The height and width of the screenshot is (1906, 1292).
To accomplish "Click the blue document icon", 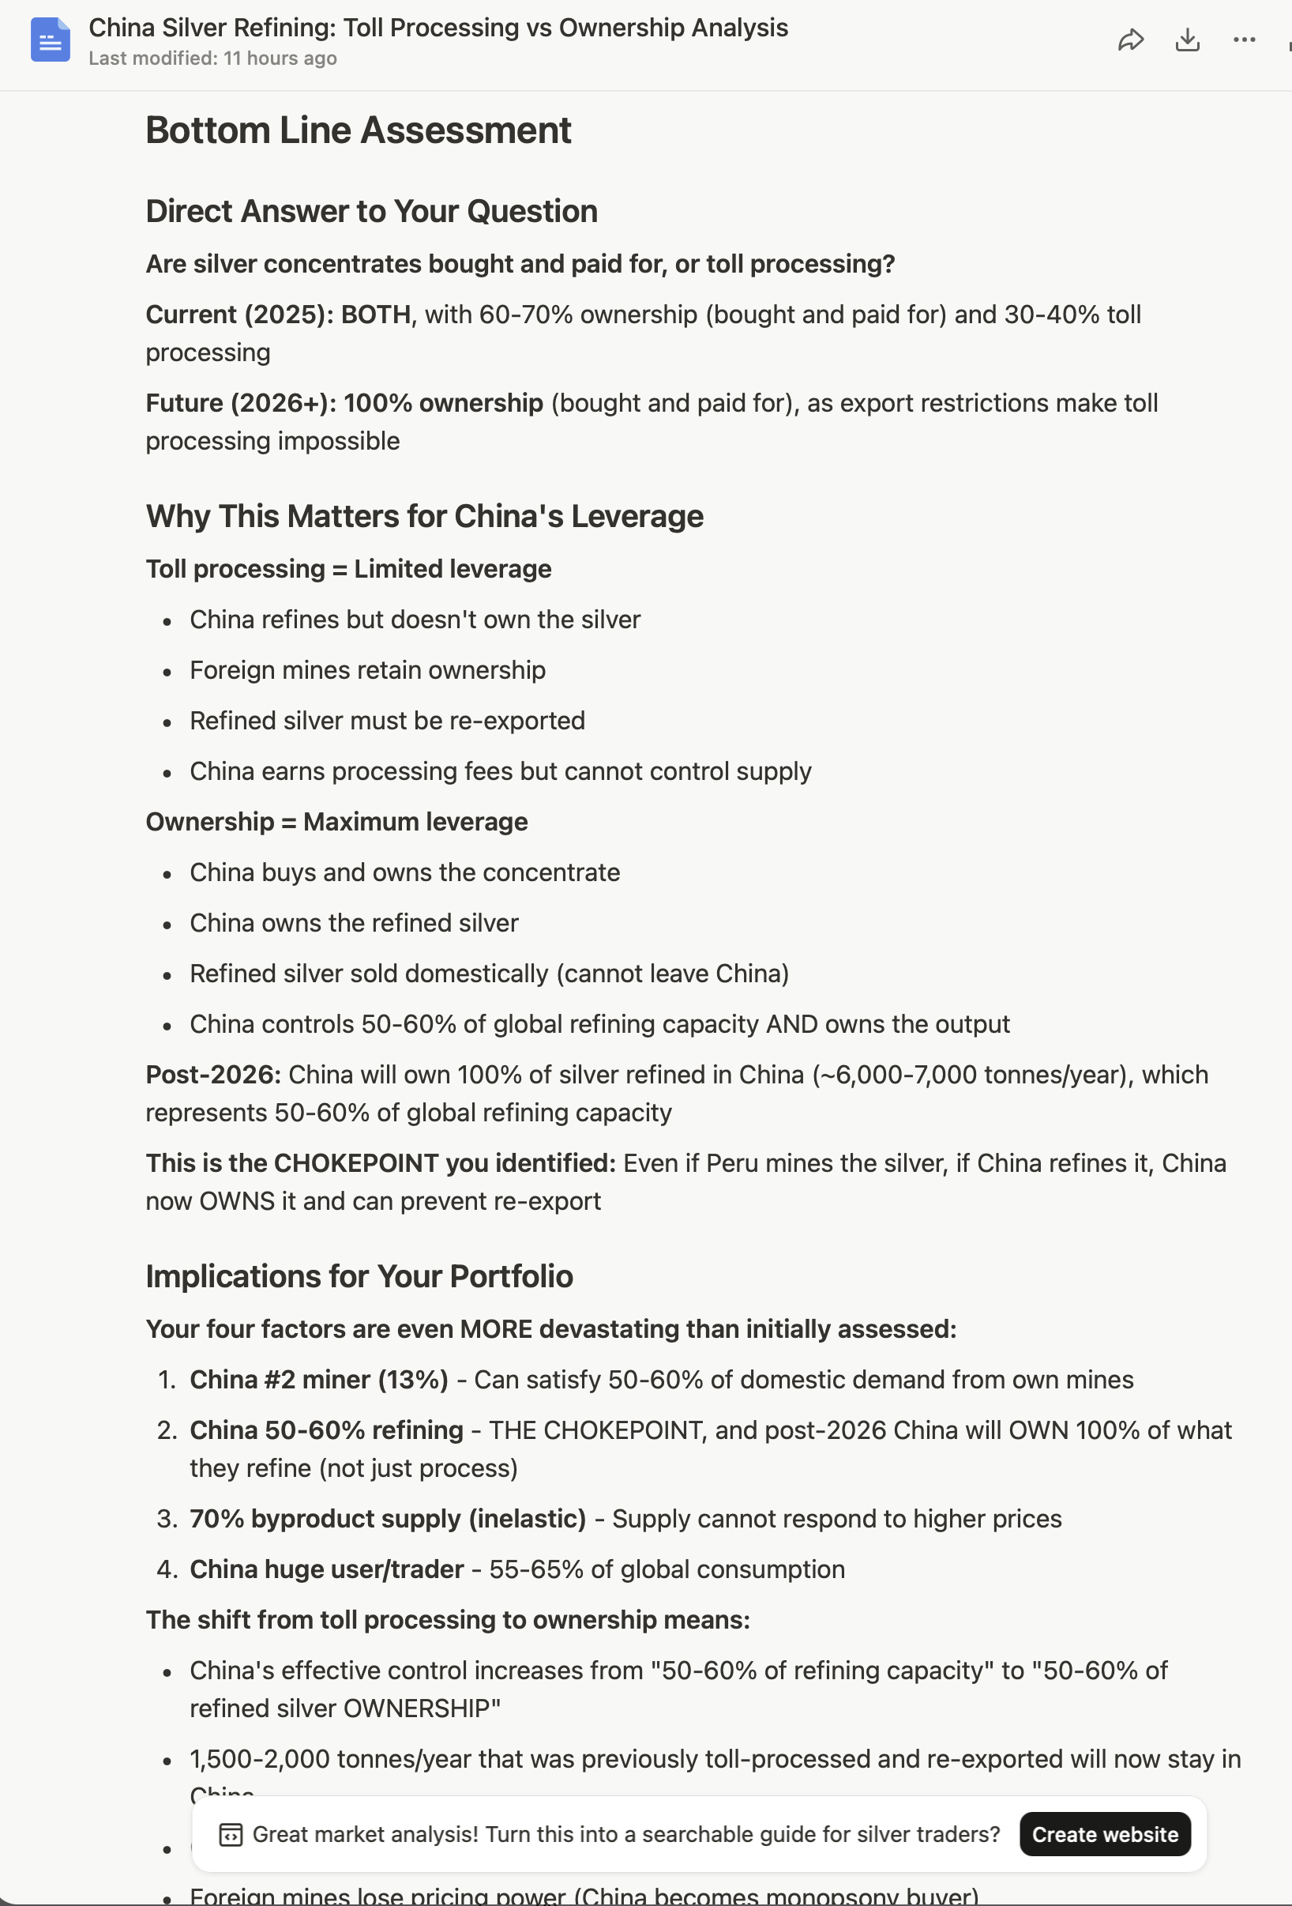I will tap(50, 40).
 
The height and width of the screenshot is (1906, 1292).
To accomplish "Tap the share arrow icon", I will tap(1131, 40).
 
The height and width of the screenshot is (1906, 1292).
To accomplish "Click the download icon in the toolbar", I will tap(1187, 40).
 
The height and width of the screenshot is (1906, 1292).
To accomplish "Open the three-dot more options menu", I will tap(1244, 40).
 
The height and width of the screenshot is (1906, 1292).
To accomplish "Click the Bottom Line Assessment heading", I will tap(359, 130).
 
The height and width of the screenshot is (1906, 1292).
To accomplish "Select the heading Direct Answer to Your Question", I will tap(371, 212).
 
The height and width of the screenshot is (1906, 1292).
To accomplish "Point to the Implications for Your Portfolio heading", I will tap(359, 1276).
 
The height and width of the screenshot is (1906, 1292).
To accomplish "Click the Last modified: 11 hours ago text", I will tap(212, 58).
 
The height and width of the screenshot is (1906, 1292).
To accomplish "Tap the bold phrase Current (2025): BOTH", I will tap(278, 315).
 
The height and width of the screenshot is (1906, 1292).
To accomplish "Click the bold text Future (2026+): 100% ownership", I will tap(344, 404).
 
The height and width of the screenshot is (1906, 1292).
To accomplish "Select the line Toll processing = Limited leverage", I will tap(348, 569).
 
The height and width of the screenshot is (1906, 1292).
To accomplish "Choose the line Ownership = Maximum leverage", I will tap(336, 822).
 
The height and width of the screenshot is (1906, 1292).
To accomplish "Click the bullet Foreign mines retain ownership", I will tap(367, 670).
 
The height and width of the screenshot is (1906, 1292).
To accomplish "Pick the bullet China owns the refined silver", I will tap(354, 923).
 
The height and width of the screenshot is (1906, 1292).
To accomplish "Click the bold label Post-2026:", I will tap(213, 1075).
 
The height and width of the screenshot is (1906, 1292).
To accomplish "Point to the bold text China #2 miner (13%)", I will tap(319, 1380).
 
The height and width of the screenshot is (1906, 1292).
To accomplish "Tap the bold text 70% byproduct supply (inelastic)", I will tap(388, 1519).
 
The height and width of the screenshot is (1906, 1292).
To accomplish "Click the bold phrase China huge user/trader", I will tap(326, 1569).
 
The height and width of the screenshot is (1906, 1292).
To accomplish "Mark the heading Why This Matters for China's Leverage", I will tap(425, 517).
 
